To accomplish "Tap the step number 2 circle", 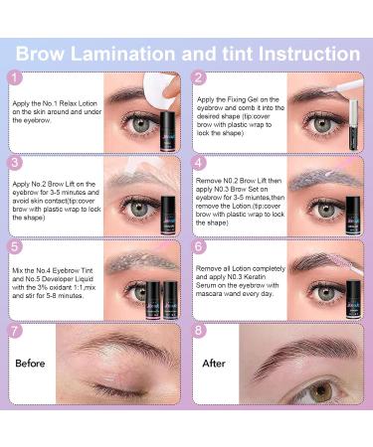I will pyautogui.click(x=199, y=77).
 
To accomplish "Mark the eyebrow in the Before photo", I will pyautogui.click(x=104, y=355).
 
